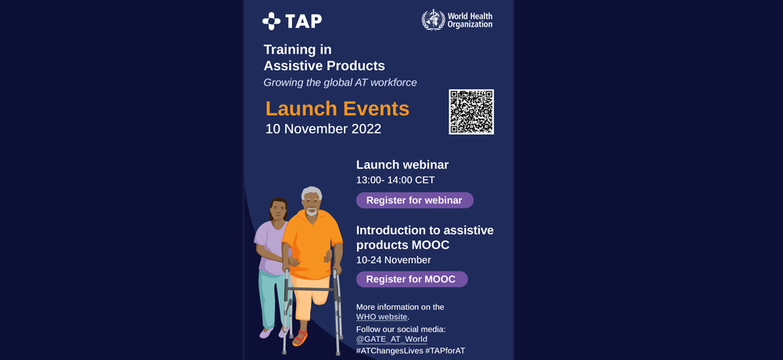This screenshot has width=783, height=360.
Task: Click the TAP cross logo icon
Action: pos(271,21)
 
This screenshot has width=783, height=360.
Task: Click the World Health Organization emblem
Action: pos(433,20)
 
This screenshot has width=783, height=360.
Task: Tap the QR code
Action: pos(471,112)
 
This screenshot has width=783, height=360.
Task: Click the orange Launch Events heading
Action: pos(337,109)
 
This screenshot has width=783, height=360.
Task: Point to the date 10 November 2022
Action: pos(323,129)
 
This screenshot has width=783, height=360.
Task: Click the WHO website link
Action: pos(382,317)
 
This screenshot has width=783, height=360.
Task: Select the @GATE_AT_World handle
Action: pos(391,340)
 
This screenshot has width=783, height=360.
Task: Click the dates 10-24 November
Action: pos(394,260)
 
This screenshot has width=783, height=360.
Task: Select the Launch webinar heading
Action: pos(402,165)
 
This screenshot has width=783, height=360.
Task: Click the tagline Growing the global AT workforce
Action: pos(340,83)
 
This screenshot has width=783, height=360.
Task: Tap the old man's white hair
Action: pos(312,193)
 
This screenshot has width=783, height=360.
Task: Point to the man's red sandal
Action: pos(300,338)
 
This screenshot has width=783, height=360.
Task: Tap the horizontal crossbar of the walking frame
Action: pos(310,289)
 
